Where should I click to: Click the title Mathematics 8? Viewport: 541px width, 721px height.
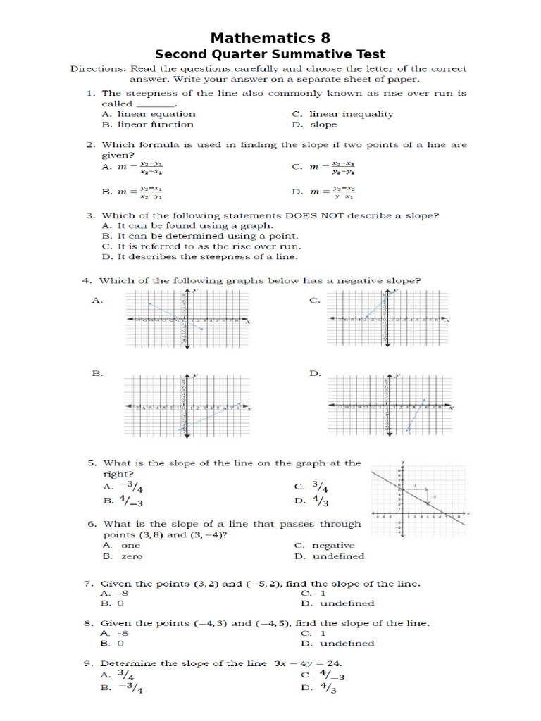click(270, 37)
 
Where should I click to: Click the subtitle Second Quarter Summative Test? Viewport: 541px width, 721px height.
click(270, 54)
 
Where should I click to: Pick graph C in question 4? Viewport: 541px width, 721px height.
click(387, 320)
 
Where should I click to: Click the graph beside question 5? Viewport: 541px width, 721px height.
click(418, 500)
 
